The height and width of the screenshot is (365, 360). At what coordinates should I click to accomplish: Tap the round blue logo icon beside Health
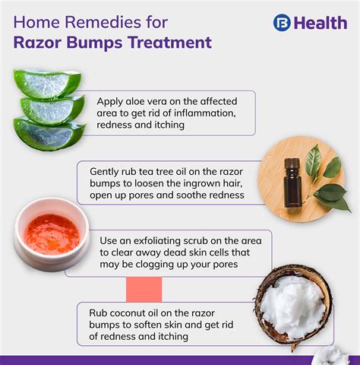pos(282,23)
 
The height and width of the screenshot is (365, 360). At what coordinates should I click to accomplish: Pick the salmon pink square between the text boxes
pos(144,289)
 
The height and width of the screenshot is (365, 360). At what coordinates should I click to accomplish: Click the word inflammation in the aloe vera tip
pos(211,113)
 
